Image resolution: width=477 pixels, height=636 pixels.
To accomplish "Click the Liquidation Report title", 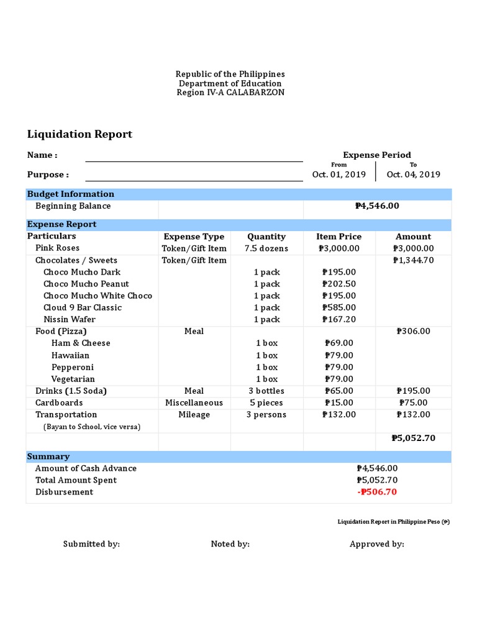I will (x=79, y=134).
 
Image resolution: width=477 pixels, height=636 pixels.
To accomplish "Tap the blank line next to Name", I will (x=194, y=157).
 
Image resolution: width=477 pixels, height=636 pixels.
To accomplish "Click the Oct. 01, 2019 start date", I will (x=338, y=175).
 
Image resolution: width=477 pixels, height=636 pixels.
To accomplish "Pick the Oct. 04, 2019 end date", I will (x=413, y=175).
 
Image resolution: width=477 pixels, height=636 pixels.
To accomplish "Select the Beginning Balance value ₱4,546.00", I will (x=377, y=206).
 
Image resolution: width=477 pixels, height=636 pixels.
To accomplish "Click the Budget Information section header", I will (x=71, y=194).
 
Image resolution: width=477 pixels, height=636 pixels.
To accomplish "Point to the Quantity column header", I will (x=266, y=237).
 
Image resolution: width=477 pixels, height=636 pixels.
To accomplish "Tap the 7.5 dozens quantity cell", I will (x=266, y=248).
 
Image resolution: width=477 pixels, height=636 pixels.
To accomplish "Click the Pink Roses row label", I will (x=57, y=248).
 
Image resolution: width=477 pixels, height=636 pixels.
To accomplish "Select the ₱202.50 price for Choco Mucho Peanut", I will (x=339, y=284).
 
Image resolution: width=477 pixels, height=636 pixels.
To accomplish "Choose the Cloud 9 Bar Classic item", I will (x=83, y=307).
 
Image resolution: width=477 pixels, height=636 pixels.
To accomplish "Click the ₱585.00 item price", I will (x=339, y=307).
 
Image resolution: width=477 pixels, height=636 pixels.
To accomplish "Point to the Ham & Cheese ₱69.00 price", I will (x=339, y=343).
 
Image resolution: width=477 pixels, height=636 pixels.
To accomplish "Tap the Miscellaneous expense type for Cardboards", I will (x=194, y=402).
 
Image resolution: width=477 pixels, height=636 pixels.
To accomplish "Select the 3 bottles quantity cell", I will (x=266, y=391).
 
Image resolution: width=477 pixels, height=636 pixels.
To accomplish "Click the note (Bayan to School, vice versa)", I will (x=92, y=427).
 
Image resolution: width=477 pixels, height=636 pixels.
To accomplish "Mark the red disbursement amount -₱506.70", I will (x=377, y=492).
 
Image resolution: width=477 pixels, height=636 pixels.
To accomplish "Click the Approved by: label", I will (x=376, y=544).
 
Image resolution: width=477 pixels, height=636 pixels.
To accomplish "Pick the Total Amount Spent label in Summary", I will (x=76, y=480).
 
